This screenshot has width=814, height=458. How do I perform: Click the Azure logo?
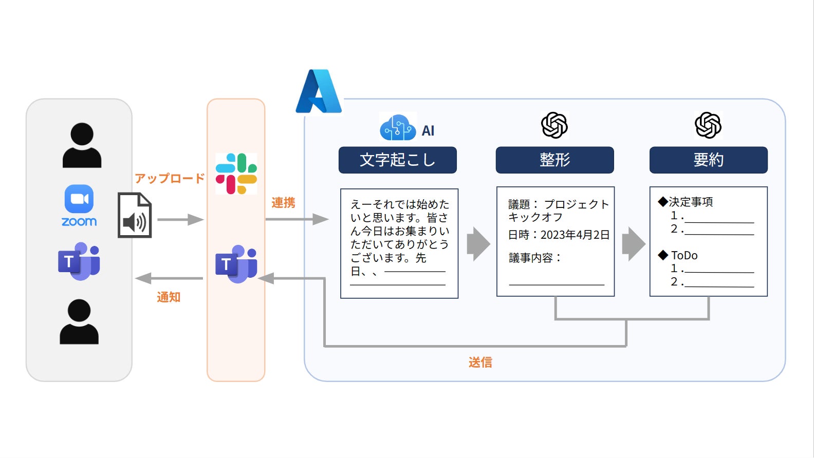pos(319,92)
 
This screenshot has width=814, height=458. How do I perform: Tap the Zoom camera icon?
pos(79,199)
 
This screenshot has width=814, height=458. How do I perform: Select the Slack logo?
pos(236,174)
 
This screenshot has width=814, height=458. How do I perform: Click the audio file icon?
pos(135,215)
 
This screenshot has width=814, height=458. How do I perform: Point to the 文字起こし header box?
pos(397,160)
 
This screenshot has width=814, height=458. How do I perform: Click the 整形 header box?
pos(554,160)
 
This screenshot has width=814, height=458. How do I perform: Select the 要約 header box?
pos(708,160)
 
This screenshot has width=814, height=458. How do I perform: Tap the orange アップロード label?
pos(170,178)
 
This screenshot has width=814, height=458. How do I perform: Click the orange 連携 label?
pos(283,203)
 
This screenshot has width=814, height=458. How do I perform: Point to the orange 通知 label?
pos(169,297)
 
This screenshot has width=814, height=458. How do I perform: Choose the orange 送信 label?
pos(480,362)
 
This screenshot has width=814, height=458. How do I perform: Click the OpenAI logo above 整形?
pos(554,125)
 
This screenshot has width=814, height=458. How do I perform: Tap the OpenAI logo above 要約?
pos(708,125)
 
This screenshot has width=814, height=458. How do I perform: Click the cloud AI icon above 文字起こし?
pos(398,128)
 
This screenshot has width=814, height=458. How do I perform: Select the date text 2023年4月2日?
pos(575,235)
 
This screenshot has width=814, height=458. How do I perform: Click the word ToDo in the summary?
pos(684,255)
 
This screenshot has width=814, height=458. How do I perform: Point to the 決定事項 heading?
pos(690,202)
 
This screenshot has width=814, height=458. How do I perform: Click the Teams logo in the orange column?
pos(236,264)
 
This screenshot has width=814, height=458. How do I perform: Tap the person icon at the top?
pos(82,145)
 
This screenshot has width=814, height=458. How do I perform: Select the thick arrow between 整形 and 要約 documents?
pos(633,244)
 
